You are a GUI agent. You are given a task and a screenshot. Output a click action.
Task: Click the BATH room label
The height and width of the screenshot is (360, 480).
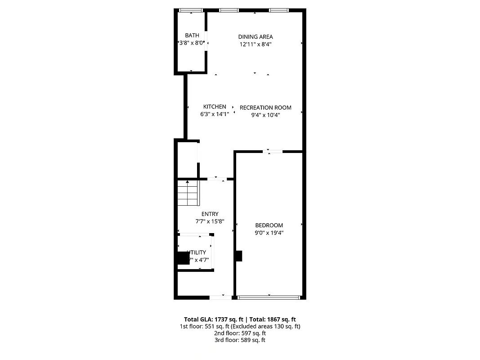192,36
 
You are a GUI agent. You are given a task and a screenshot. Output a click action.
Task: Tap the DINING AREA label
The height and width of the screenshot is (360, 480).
256,37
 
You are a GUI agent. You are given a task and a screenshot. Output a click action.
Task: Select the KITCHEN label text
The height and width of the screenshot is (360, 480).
215,107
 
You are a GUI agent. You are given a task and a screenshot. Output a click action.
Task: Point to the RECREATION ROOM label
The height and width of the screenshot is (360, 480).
265,108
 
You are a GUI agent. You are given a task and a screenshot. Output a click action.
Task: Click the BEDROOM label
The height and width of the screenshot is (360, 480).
269,225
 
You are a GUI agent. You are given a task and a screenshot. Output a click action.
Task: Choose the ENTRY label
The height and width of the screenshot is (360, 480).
210,214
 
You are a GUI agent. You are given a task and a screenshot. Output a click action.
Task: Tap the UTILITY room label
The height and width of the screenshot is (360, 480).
197,252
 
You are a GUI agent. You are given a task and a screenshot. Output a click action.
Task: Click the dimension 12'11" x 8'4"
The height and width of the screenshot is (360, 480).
256,44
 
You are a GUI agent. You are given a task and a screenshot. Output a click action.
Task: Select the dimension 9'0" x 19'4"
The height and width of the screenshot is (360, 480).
269,233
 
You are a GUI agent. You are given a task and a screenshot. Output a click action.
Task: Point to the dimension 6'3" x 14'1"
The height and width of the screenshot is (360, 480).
215,114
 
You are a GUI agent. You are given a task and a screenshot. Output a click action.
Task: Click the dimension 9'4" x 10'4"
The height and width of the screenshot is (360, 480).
265,115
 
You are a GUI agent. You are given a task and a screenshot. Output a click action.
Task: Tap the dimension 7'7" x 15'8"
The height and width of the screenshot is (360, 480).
210,222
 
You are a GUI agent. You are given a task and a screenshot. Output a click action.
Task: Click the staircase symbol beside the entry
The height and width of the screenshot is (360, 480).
188,193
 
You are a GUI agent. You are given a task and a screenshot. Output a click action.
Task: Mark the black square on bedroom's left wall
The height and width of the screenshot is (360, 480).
238,256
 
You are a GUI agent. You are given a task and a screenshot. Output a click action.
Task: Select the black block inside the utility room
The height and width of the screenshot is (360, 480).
183,258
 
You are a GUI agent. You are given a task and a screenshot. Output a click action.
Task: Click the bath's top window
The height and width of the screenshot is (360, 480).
191,10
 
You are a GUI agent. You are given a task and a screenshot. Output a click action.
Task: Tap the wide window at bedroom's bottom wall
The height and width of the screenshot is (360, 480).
269,297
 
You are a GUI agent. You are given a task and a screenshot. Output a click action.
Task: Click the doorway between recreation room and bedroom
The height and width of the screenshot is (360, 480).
273,151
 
